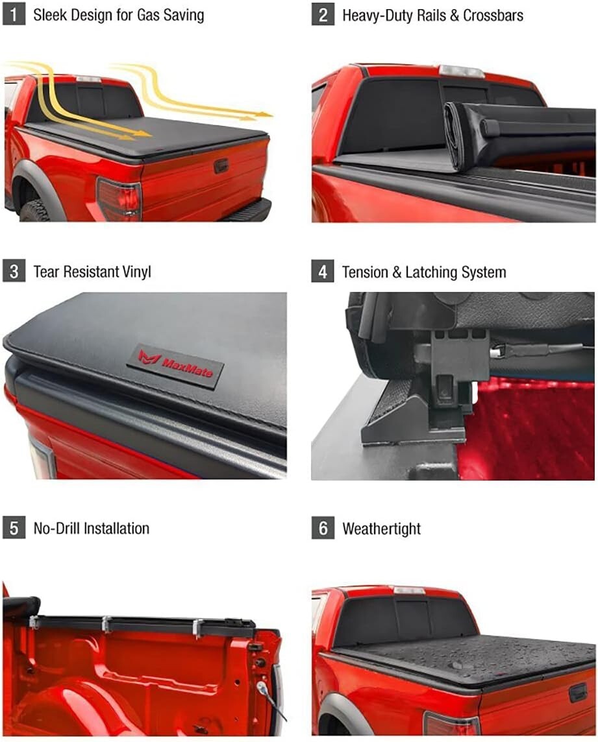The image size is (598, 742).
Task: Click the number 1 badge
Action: [x=14, y=15]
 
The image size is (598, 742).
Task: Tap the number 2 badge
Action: [x=323, y=15]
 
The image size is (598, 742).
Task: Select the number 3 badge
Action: [x=14, y=271]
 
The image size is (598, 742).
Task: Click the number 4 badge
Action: [x=323, y=271]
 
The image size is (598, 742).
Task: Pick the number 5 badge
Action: [x=14, y=528]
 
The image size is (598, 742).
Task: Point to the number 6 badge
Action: [x=323, y=528]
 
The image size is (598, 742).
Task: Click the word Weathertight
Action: [x=381, y=529]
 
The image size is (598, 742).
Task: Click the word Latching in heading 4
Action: [x=434, y=272]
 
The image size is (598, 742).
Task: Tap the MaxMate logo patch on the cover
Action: [x=175, y=365]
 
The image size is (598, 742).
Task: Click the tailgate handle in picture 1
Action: [x=221, y=165]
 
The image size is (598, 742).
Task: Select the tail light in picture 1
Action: [x=119, y=199]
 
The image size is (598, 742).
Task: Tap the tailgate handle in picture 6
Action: [x=577, y=693]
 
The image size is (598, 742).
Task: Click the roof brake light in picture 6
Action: [x=409, y=590]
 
